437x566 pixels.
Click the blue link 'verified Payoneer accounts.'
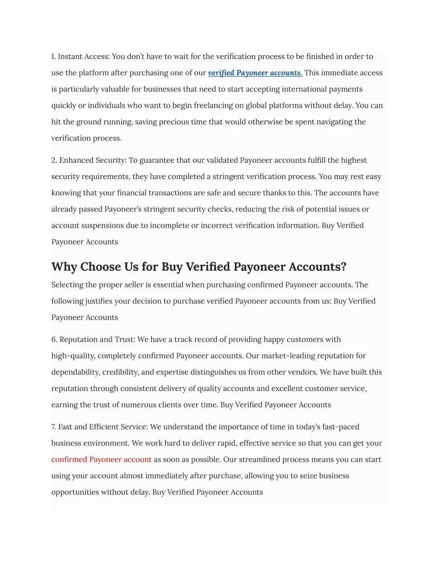point(255,73)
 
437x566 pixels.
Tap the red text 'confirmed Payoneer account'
point(101,460)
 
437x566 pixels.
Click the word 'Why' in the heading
point(65,267)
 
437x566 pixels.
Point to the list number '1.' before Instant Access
point(54,57)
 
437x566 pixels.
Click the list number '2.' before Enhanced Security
point(54,160)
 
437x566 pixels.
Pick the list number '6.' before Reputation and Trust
point(54,340)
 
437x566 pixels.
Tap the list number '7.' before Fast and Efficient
point(54,427)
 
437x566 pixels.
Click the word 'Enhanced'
point(75,160)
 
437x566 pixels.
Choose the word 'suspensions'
point(102,226)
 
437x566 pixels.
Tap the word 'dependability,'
point(76,372)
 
